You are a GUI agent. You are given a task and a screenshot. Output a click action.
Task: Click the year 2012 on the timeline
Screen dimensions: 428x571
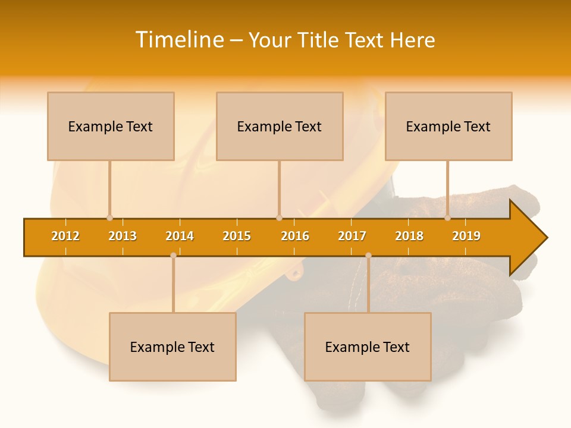tap(65, 236)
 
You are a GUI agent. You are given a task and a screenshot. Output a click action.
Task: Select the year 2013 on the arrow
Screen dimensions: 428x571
tap(123, 236)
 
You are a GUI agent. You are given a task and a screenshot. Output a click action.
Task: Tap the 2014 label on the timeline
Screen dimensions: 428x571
tap(180, 236)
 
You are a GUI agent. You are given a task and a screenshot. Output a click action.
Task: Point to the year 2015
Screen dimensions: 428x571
tap(237, 236)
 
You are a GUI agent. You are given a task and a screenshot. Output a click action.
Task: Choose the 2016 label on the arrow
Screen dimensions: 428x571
tap(295, 236)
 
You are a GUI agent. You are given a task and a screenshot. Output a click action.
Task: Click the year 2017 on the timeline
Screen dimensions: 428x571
tap(352, 236)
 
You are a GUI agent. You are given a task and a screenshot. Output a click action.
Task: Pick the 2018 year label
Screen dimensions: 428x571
tap(409, 236)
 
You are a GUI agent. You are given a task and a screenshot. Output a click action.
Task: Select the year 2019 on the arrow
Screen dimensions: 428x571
tap(466, 236)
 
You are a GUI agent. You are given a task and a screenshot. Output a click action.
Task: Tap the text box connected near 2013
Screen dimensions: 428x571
tap(111, 126)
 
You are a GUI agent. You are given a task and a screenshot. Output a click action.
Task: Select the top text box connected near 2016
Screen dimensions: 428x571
tap(280, 126)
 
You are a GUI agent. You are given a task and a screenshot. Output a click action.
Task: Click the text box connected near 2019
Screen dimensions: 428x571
tap(448, 126)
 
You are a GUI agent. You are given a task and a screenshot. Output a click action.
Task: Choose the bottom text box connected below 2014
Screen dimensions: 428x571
tap(172, 347)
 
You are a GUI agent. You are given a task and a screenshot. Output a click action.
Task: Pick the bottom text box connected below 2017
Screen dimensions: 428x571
tap(368, 347)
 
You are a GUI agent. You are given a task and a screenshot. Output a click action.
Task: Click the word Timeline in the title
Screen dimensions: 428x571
tap(179, 40)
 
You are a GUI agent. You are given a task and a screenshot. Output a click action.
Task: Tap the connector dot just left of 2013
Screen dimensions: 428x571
tap(109, 218)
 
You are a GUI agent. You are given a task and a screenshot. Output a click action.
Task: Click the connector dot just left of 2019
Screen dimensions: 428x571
tap(447, 218)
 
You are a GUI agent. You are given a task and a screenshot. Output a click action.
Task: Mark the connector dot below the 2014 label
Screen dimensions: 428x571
tap(173, 256)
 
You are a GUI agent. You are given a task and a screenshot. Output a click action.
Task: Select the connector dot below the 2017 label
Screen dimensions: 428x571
tap(368, 256)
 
